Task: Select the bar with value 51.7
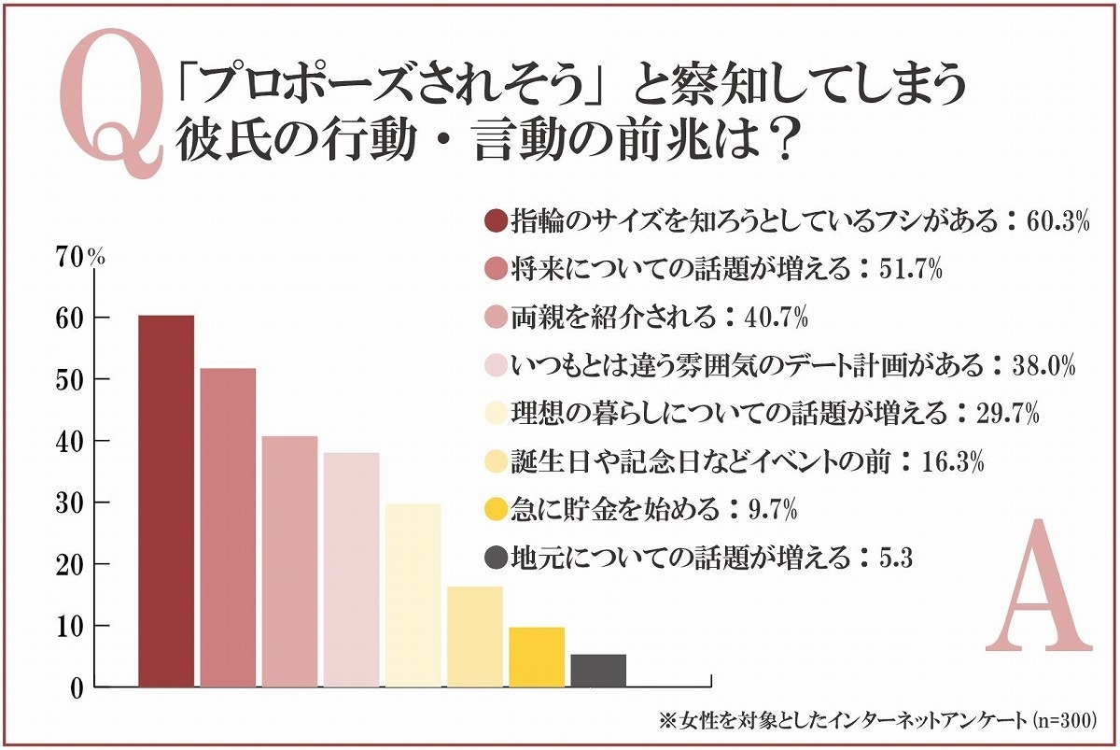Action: click(228, 528)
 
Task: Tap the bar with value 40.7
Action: click(289, 561)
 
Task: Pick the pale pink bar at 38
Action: click(351, 570)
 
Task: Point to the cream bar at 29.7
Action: click(413, 595)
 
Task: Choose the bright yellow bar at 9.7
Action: click(537, 657)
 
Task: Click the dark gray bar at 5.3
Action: click(598, 671)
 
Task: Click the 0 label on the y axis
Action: click(77, 687)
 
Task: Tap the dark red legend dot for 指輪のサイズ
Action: click(496, 221)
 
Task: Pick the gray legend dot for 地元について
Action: click(496, 558)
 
